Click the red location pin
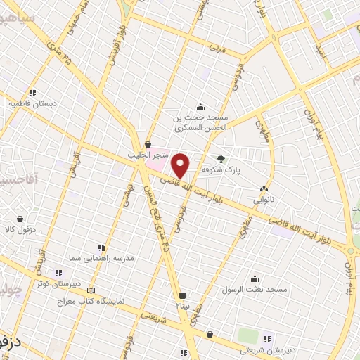point(181,166)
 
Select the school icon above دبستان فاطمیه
point(32,92)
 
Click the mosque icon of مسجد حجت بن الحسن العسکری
point(200,108)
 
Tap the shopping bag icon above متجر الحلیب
point(147,143)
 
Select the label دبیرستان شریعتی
point(264,349)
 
